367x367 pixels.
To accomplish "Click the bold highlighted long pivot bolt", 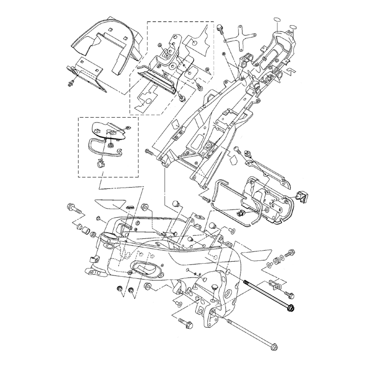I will (270, 296).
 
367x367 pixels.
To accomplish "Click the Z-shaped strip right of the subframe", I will (290, 70).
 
